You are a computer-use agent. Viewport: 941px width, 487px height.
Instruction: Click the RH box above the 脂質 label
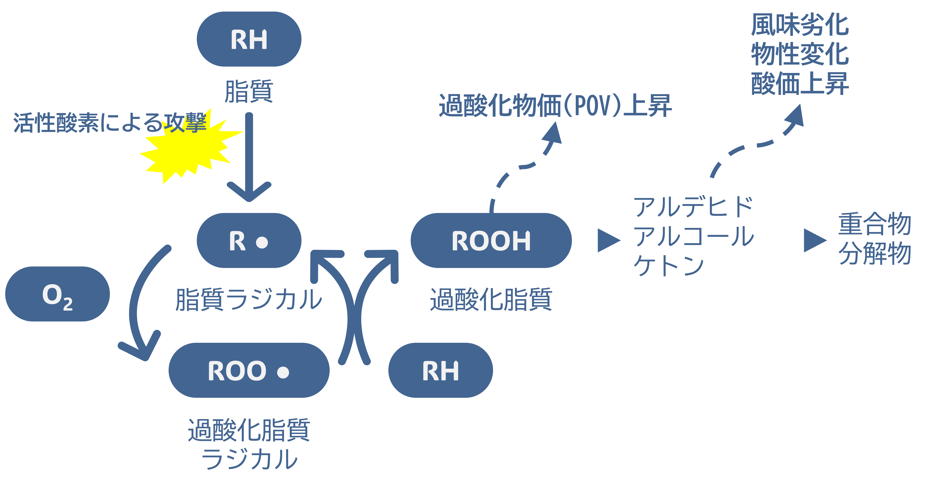pyautogui.click(x=249, y=39)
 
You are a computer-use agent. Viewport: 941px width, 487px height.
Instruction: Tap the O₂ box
pyautogui.click(x=57, y=294)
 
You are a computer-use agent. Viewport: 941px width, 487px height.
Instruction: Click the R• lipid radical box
pyautogui.click(x=249, y=241)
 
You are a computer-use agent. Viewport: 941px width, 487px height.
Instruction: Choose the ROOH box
pyautogui.click(x=491, y=241)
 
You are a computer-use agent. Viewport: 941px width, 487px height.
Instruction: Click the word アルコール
pyautogui.click(x=693, y=236)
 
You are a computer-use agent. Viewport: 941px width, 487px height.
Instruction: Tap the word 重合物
pyautogui.click(x=874, y=224)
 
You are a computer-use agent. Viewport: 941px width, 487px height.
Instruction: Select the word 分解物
pyautogui.click(x=874, y=253)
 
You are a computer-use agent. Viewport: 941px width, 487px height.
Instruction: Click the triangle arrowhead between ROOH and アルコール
pyautogui.click(x=608, y=241)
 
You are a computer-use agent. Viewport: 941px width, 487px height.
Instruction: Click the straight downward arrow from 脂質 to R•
pyautogui.click(x=249, y=157)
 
